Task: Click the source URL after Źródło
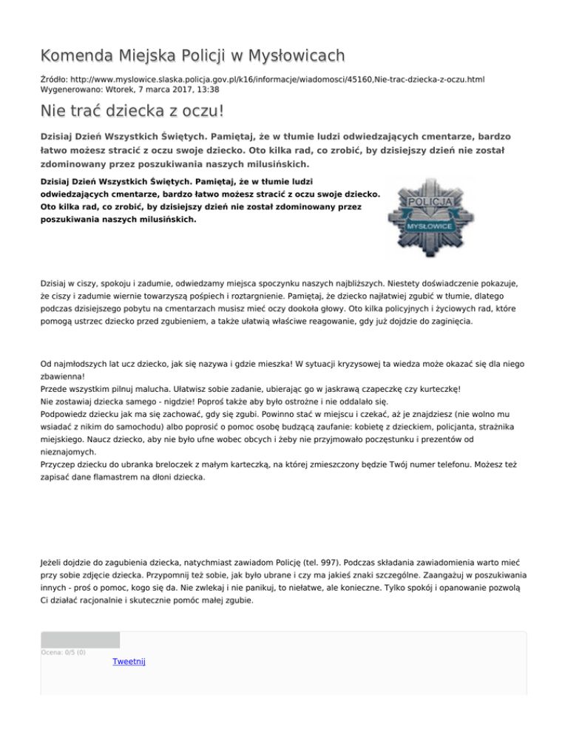coord(280,78)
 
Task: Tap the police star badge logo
coord(429,215)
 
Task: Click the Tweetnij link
coord(129,661)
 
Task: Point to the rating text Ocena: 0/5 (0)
coord(64,652)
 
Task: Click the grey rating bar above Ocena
coord(80,640)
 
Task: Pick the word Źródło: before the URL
coord(55,78)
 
